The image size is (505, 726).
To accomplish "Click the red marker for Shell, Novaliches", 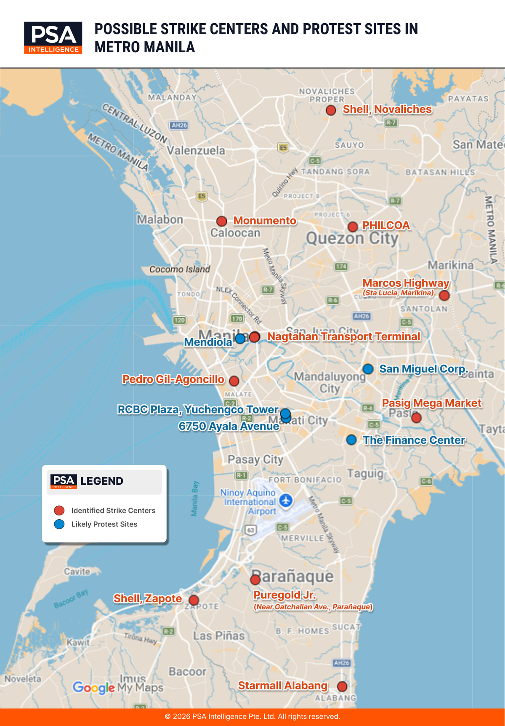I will pyautogui.click(x=331, y=110).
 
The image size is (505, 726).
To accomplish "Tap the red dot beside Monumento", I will pyautogui.click(x=222, y=221).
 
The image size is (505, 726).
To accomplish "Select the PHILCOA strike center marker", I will pyautogui.click(x=353, y=227).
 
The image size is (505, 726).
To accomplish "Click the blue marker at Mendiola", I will pyautogui.click(x=240, y=338).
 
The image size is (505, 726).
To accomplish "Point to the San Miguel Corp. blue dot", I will pyautogui.click(x=368, y=369).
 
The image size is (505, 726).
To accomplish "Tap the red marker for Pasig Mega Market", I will pyautogui.click(x=416, y=418).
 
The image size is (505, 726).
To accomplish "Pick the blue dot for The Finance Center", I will pyautogui.click(x=351, y=440).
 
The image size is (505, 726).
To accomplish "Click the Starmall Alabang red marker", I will pyautogui.click(x=342, y=686).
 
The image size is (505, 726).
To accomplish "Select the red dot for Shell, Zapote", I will pyautogui.click(x=194, y=600).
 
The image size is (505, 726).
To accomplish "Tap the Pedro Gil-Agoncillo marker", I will pyautogui.click(x=234, y=381).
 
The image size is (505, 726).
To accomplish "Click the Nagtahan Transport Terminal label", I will pyautogui.click(x=344, y=336).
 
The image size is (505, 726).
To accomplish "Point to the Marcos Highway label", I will pyautogui.click(x=406, y=283).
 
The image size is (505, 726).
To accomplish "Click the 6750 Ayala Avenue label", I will pyautogui.click(x=229, y=426).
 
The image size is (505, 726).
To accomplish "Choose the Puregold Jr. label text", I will pyautogui.click(x=284, y=595).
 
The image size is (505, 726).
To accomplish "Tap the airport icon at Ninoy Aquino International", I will pyautogui.click(x=286, y=501).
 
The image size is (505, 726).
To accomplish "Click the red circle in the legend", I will pyautogui.click(x=59, y=510).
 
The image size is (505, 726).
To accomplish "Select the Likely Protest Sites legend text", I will pyautogui.click(x=104, y=524).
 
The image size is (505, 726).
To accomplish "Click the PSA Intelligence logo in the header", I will pyautogui.click(x=53, y=37).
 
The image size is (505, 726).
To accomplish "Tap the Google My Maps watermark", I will pyautogui.click(x=118, y=688).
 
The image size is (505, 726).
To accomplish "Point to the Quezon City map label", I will pyautogui.click(x=352, y=238).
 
